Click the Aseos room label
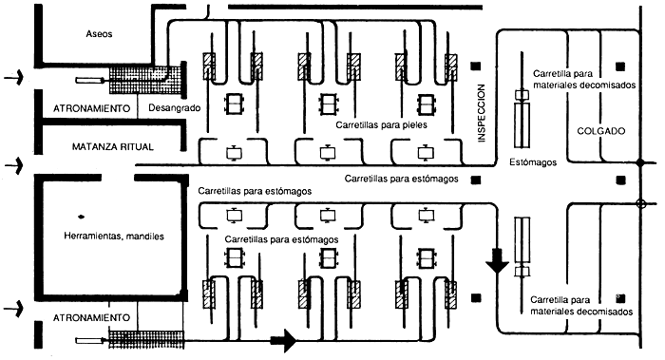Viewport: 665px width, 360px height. pos(99,34)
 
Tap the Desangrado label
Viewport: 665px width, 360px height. pos(174,108)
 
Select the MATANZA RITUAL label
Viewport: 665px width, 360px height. pos(113,147)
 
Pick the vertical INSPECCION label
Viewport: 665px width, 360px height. pos(481,113)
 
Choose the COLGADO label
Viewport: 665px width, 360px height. pos(601,131)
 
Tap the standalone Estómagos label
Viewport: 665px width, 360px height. pos(533,162)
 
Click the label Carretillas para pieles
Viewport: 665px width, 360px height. pos(381,125)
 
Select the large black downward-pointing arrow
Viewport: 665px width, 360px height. pos(497,260)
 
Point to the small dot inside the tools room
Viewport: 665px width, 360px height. pos(81,218)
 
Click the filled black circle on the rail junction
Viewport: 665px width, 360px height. pos(640,162)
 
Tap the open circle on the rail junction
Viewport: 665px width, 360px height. pos(641,204)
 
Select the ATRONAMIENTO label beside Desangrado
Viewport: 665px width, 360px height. pos(91,108)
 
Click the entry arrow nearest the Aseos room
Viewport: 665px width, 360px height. pos(13,78)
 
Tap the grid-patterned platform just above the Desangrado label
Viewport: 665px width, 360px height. pos(146,80)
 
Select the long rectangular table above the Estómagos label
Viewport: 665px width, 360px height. pos(522,124)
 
